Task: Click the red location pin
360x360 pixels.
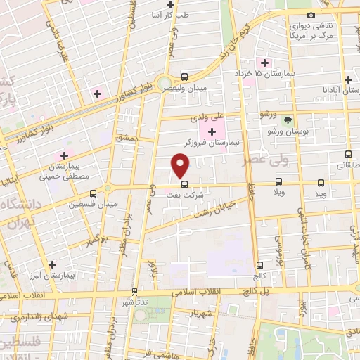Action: point(181,165)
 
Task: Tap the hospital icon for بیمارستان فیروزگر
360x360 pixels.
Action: point(212,131)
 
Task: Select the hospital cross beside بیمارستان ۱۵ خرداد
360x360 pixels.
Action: point(264,63)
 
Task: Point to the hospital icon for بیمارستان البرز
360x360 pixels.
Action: point(52,264)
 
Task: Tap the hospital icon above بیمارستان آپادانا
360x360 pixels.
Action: point(348,79)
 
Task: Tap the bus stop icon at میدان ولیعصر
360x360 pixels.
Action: point(184,77)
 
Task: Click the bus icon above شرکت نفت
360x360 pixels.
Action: point(184,184)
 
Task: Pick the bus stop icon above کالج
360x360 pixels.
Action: point(260,266)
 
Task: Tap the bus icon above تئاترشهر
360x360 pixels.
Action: point(135,291)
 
